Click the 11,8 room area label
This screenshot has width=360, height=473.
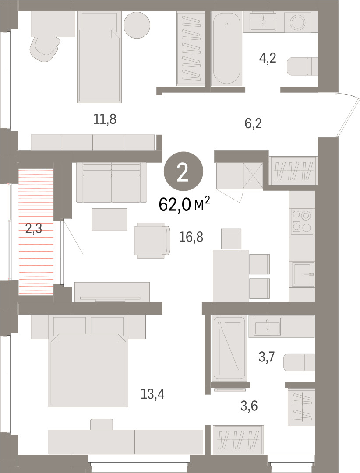click(x=105, y=119)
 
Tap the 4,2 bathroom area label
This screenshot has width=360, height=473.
click(x=268, y=58)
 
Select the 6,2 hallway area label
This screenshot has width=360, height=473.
click(x=253, y=123)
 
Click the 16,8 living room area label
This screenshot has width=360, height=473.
click(x=191, y=237)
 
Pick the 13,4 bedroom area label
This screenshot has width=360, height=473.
click(x=152, y=394)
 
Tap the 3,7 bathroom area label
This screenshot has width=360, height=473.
click(x=266, y=357)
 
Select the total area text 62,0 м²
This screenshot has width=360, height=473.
click(x=184, y=205)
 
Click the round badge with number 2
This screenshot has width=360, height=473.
click(x=184, y=172)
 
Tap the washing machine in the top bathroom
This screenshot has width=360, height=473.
click(x=298, y=22)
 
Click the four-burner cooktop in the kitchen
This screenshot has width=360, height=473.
click(x=302, y=221)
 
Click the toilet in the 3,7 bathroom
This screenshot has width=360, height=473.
click(x=299, y=362)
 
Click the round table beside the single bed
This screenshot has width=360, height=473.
click(x=137, y=25)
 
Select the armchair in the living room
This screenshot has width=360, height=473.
click(x=153, y=240)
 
